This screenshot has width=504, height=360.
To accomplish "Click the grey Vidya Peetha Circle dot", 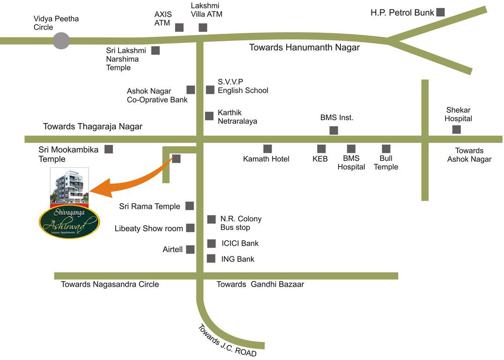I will tap(61, 41).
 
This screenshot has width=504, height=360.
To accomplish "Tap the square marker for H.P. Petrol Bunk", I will tap(440, 12).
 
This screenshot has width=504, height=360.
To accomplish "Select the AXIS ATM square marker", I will tap(179, 27).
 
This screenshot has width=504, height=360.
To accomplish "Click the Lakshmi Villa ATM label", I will tap(207, 10).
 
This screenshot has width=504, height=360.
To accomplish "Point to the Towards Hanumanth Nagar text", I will tap(304, 47).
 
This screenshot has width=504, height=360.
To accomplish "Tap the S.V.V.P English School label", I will tap(243, 86).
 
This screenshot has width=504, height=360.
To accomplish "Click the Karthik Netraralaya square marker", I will tap(209, 116).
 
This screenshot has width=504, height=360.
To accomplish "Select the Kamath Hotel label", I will tap(266, 159).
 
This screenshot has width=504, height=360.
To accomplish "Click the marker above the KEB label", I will tap(321, 149).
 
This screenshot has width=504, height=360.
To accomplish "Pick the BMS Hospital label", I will tap(351, 163).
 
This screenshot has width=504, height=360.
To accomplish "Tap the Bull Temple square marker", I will tap(386, 149).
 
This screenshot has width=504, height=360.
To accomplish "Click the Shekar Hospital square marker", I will tap(457, 129).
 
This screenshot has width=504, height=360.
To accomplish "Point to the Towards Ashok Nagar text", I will tap(469, 155).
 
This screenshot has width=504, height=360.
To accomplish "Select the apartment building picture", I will tap(69, 186).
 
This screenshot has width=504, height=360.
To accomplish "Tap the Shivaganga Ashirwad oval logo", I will tap(69, 222).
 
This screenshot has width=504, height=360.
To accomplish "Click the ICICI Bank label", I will tap(240, 243).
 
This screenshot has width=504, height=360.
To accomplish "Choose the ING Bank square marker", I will tap(211, 258).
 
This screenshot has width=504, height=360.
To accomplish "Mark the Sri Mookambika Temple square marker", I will tap(109, 150).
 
